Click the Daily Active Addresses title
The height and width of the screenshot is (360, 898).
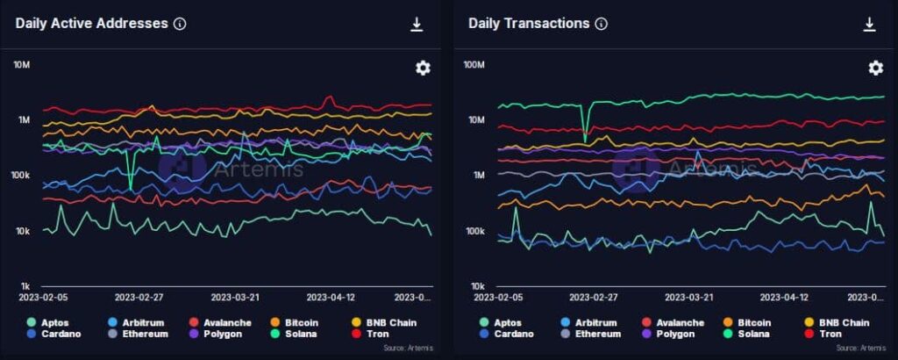click(91, 24)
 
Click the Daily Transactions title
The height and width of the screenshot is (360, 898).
click(529, 24)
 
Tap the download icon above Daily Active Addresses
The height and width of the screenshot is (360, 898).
click(417, 25)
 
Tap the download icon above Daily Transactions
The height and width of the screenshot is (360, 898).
click(869, 25)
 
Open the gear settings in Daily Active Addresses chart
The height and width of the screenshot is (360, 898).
click(423, 68)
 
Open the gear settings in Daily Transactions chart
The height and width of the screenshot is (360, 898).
click(875, 68)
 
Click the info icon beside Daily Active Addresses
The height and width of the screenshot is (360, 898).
click(180, 25)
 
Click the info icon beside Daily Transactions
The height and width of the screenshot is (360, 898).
click(601, 25)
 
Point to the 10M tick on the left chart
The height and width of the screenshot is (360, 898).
click(22, 64)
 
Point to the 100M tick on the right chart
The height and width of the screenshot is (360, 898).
click(474, 64)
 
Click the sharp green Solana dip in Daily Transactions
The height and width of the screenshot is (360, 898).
click(585, 139)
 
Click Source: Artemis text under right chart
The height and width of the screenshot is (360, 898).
click(858, 349)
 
